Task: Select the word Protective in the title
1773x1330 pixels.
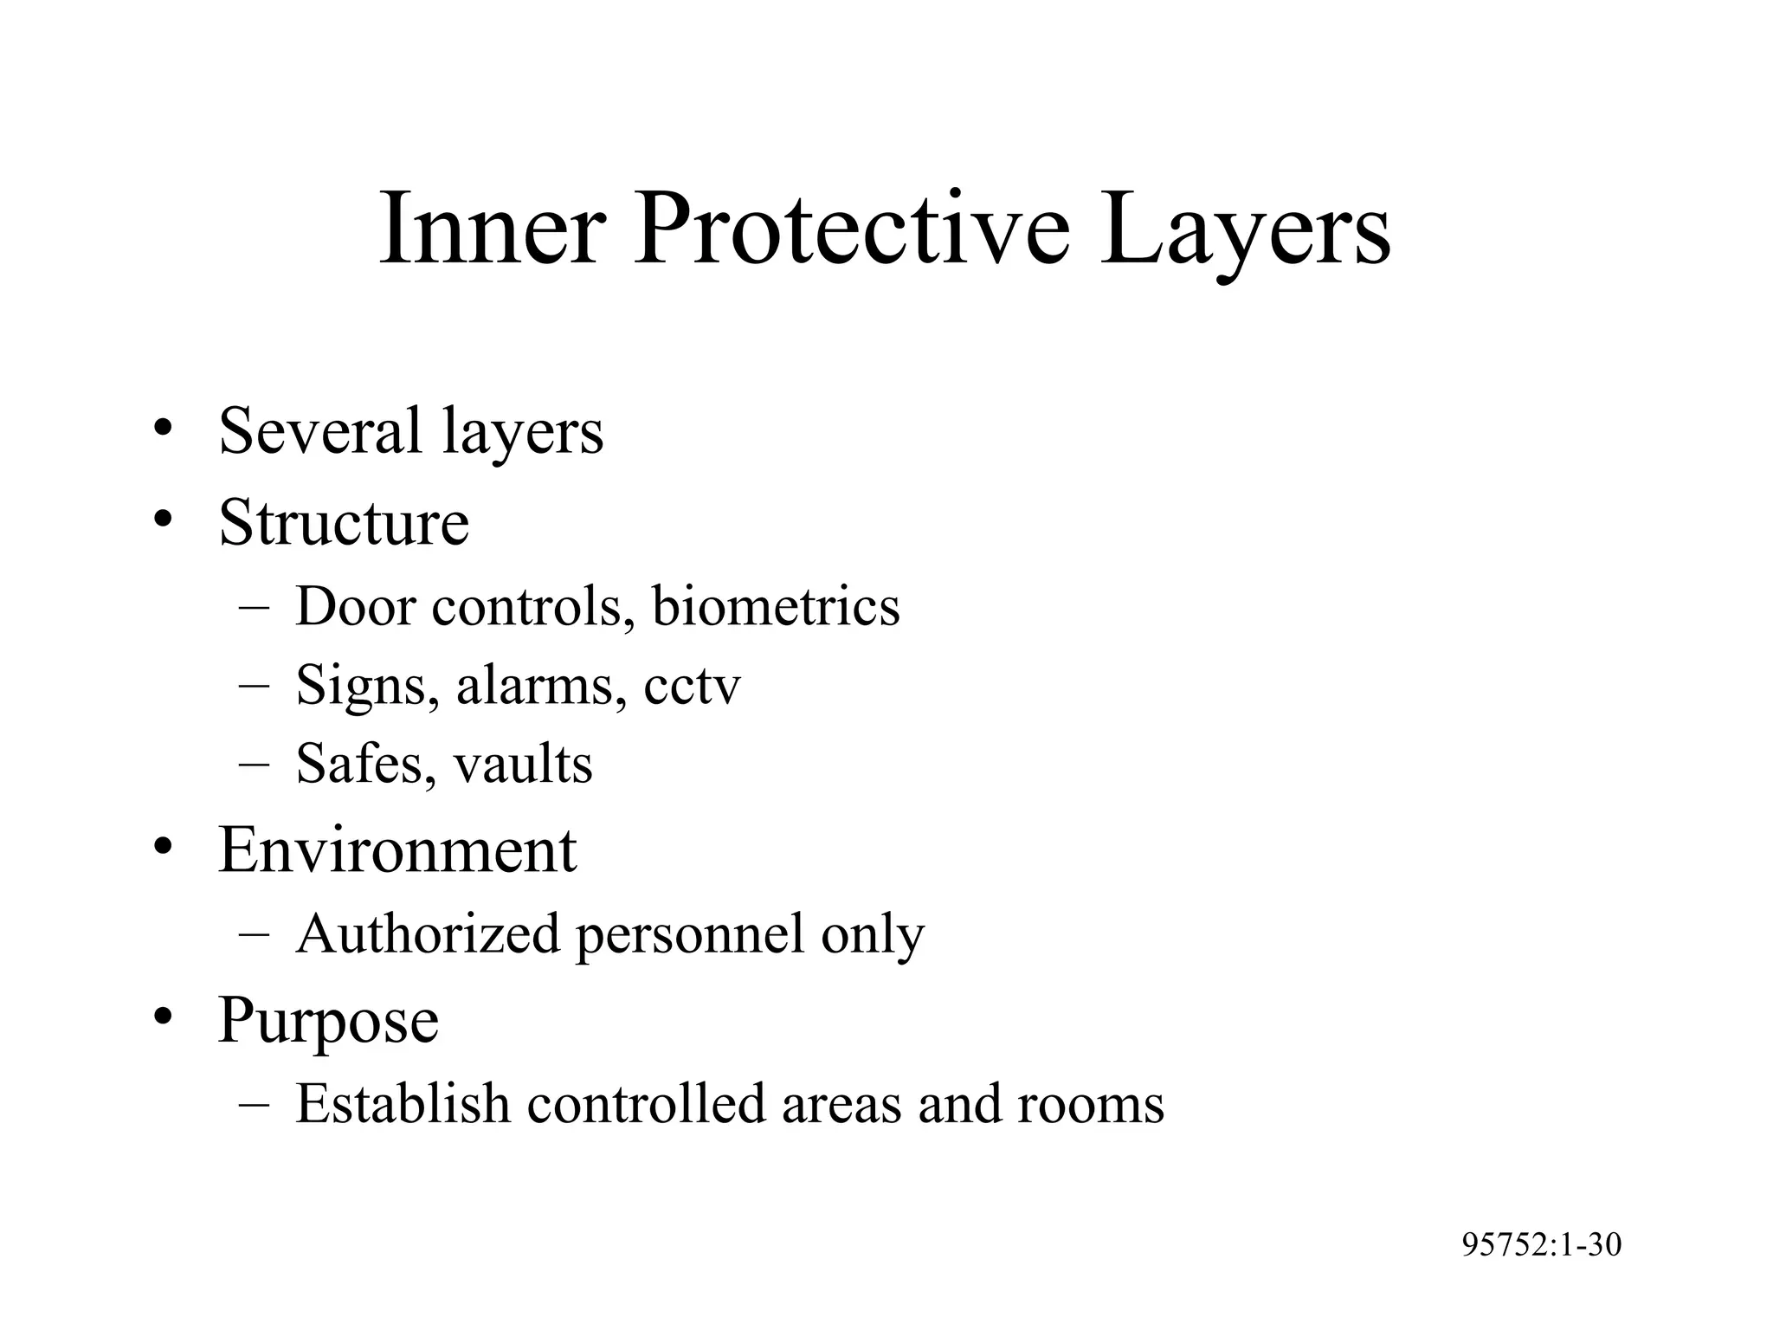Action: pos(852,230)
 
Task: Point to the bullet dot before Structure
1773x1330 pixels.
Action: pos(161,520)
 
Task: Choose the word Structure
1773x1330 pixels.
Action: pos(344,522)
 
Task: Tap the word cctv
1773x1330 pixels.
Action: pos(692,687)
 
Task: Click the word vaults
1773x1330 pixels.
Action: pos(523,764)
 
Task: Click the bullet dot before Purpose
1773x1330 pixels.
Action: pos(161,1017)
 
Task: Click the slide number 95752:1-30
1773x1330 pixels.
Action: pos(1541,1245)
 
